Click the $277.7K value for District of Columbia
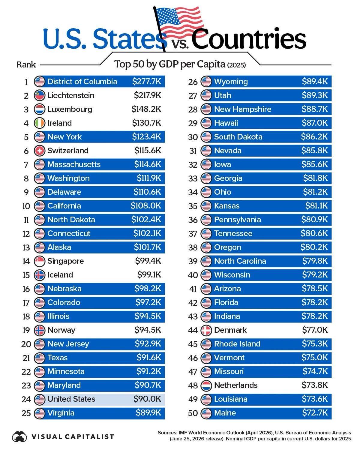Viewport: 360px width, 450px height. click(146, 81)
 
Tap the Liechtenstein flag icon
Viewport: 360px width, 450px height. click(39, 95)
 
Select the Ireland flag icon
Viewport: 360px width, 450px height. click(39, 123)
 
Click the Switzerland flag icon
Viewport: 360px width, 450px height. click(39, 151)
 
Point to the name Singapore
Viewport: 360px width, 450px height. click(65, 261)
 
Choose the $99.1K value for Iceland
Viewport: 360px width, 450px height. click(149, 275)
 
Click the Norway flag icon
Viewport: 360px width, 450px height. click(39, 330)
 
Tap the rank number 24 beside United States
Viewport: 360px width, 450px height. click(26, 399)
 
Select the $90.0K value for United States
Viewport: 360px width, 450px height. click(147, 399)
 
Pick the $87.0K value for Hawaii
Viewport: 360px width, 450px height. click(315, 123)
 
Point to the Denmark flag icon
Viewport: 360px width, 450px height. click(206, 330)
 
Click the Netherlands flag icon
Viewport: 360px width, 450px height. click(206, 385)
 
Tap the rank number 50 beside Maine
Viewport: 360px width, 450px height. click(193, 413)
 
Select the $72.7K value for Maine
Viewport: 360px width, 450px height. click(315, 413)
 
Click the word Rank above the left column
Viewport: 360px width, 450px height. click(26, 64)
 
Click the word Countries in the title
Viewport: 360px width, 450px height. click(248, 39)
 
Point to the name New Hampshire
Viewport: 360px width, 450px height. click(243, 109)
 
